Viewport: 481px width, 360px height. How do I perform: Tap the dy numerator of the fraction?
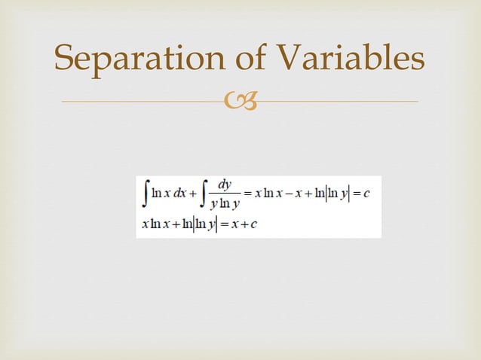(x=224, y=185)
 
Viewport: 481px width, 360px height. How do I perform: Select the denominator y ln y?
(x=224, y=204)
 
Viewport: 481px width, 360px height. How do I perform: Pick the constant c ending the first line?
(x=366, y=194)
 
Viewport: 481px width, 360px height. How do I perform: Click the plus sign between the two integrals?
(x=194, y=194)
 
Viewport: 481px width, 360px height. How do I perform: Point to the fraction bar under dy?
(x=224, y=194)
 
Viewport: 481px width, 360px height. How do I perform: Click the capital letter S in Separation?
(x=63, y=59)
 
